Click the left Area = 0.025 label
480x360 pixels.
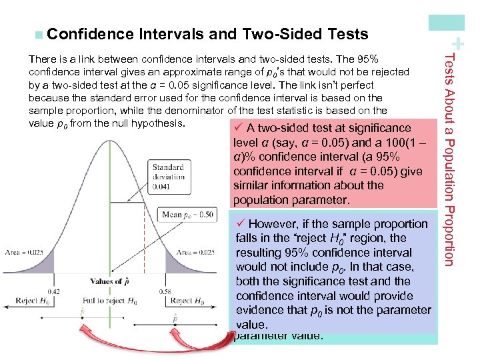click(x=23, y=252)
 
